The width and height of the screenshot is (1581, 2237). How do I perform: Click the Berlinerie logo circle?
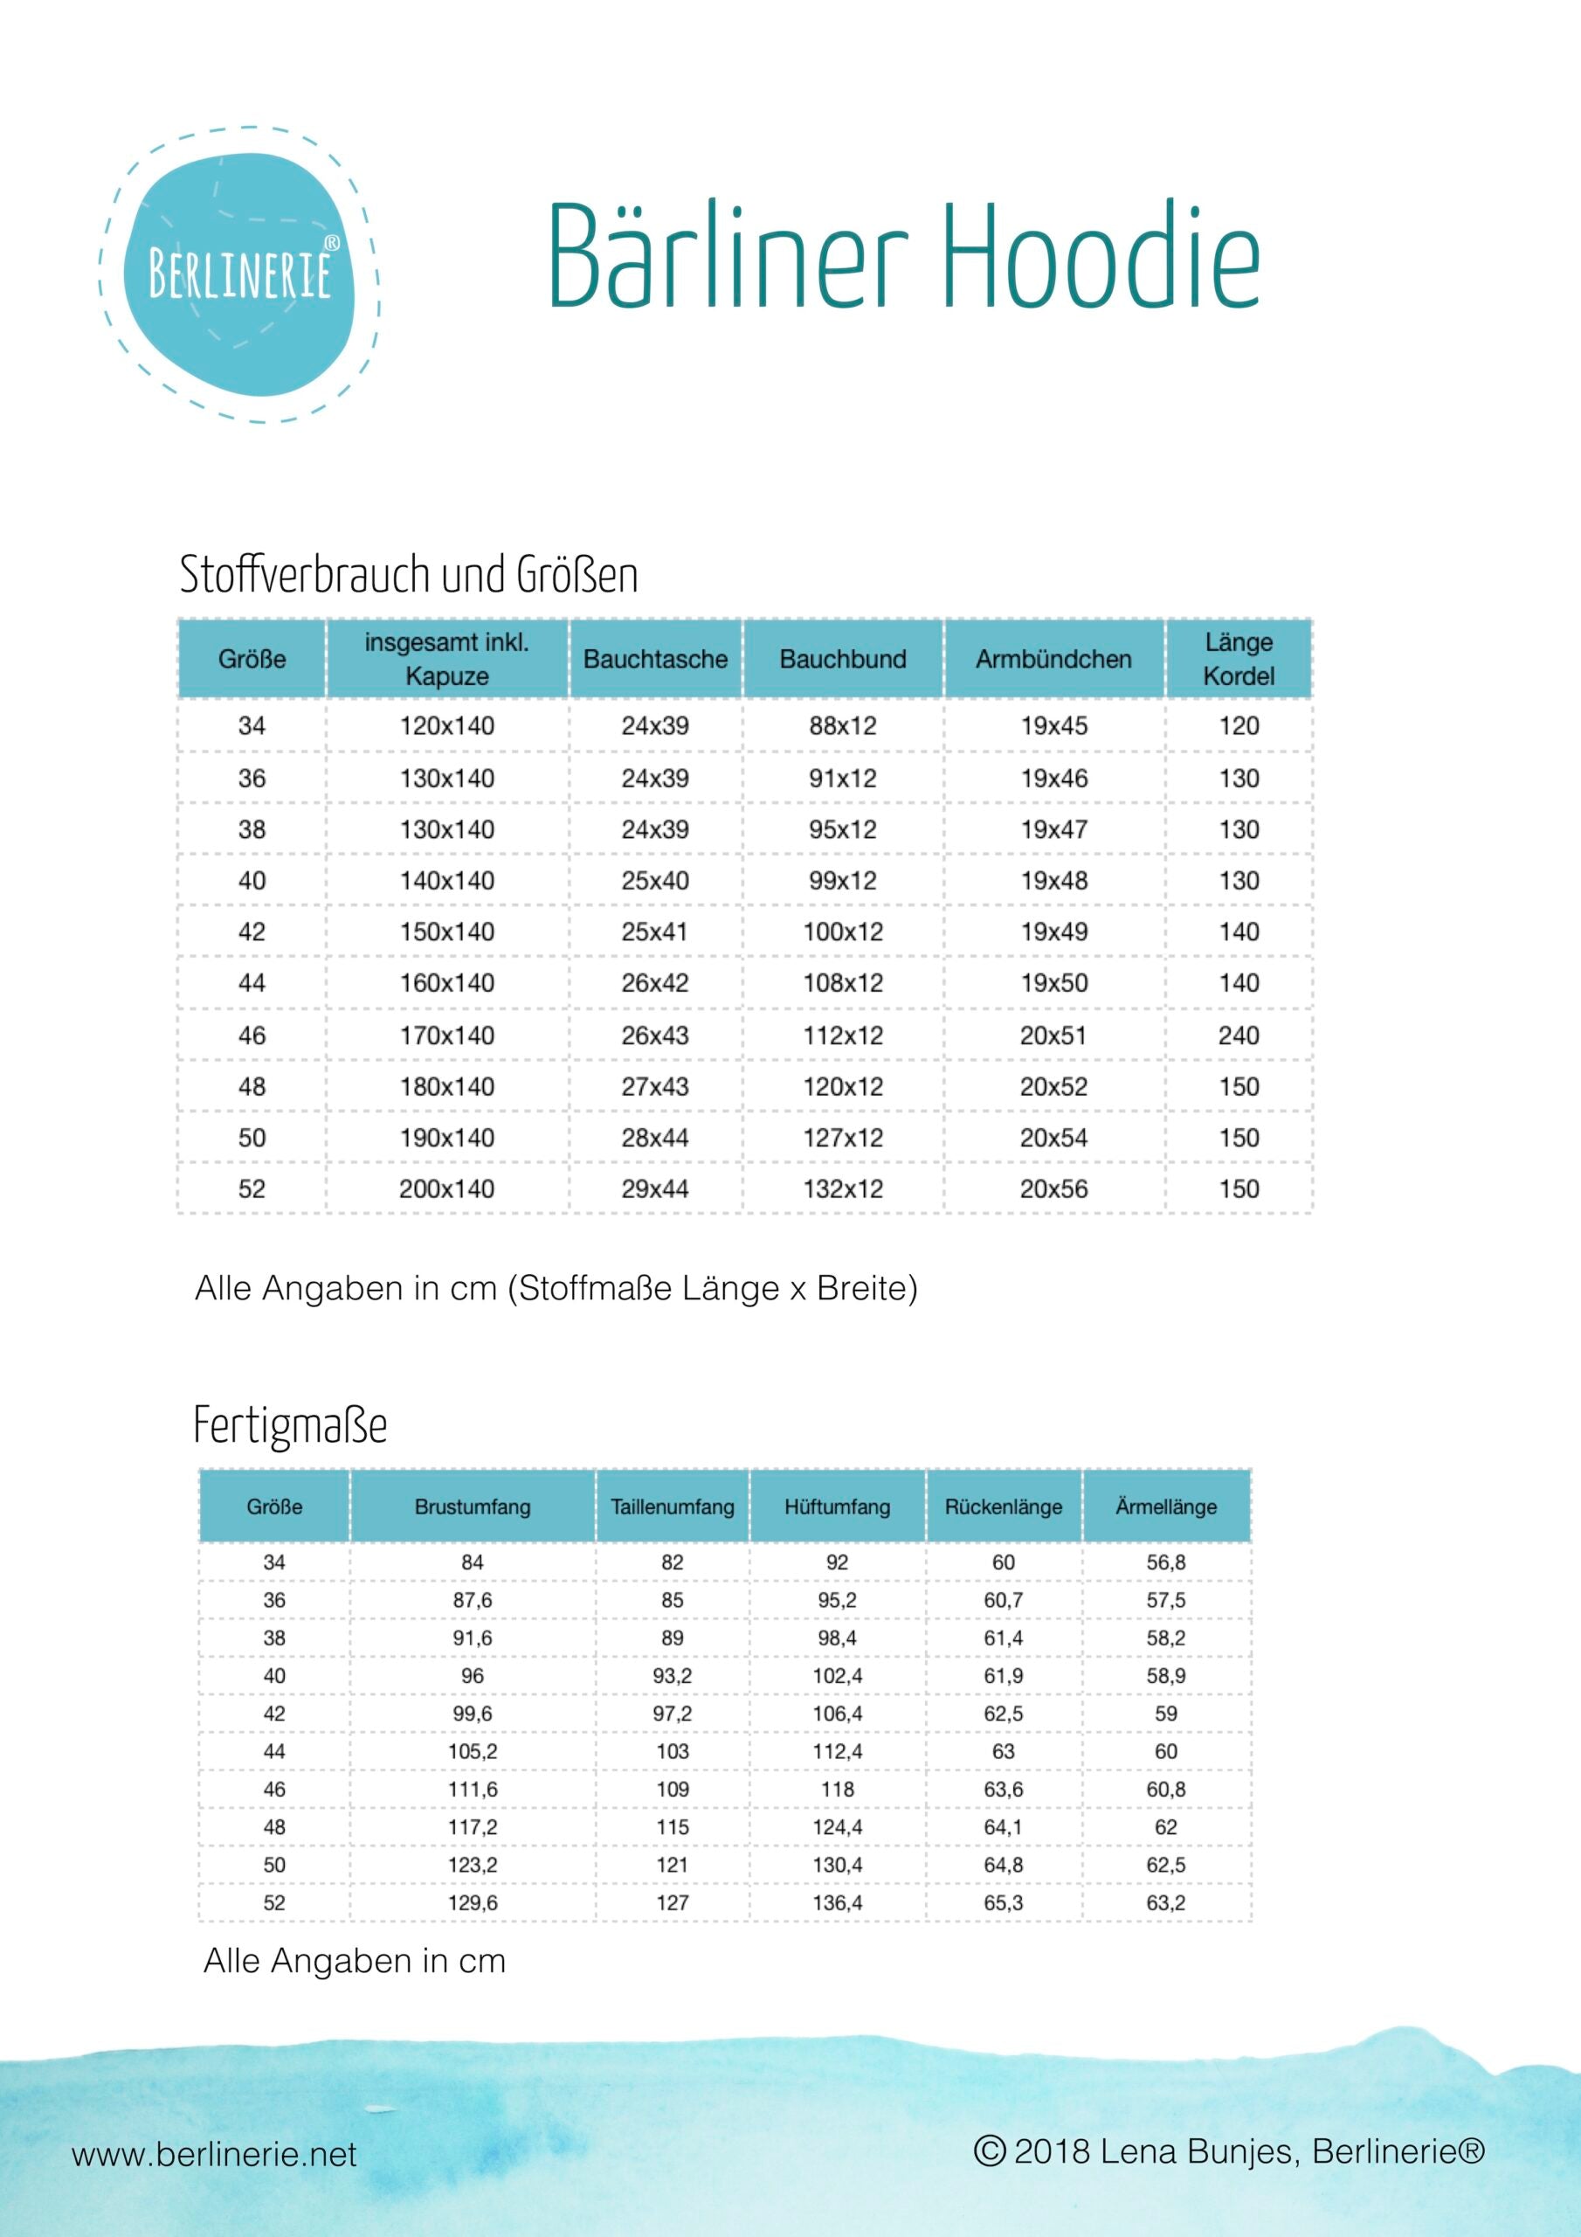pyautogui.click(x=239, y=274)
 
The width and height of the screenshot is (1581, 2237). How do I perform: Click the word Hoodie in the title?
pyautogui.click(x=1100, y=258)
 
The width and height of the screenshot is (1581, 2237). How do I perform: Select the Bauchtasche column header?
pyautogui.click(x=654, y=660)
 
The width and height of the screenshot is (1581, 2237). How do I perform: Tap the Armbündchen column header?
pyautogui.click(x=1053, y=660)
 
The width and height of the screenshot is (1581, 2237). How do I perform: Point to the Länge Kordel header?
pyautogui.click(x=1238, y=659)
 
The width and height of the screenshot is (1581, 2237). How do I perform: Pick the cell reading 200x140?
pyautogui.click(x=447, y=1188)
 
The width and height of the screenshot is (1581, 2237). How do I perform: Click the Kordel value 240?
pyautogui.click(x=1238, y=1035)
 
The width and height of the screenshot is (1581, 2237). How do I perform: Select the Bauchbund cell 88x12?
pyautogui.click(x=843, y=726)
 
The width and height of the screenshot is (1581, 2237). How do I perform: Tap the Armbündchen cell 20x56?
pyautogui.click(x=1053, y=1188)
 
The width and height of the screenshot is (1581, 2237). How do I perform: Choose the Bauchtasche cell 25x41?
pyautogui.click(x=654, y=932)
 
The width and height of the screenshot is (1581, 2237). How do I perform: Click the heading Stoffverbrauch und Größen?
pyautogui.click(x=409, y=575)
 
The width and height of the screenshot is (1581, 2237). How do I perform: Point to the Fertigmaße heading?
pyautogui.click(x=290, y=1426)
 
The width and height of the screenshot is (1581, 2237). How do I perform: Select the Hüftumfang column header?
pyautogui.click(x=837, y=1507)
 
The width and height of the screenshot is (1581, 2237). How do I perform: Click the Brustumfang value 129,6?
pyautogui.click(x=473, y=1903)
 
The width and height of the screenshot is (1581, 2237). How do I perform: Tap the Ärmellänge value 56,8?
pyautogui.click(x=1165, y=1562)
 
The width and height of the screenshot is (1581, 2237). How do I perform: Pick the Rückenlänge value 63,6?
pyautogui.click(x=1003, y=1790)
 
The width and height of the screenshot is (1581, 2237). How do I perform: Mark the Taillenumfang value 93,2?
pyautogui.click(x=673, y=1676)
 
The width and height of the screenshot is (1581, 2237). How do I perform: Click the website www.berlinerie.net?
pyautogui.click(x=214, y=2154)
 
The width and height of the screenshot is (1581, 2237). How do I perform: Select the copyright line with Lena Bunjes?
pyautogui.click(x=1229, y=2151)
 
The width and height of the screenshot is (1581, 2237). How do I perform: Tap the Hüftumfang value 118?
pyautogui.click(x=837, y=1790)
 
